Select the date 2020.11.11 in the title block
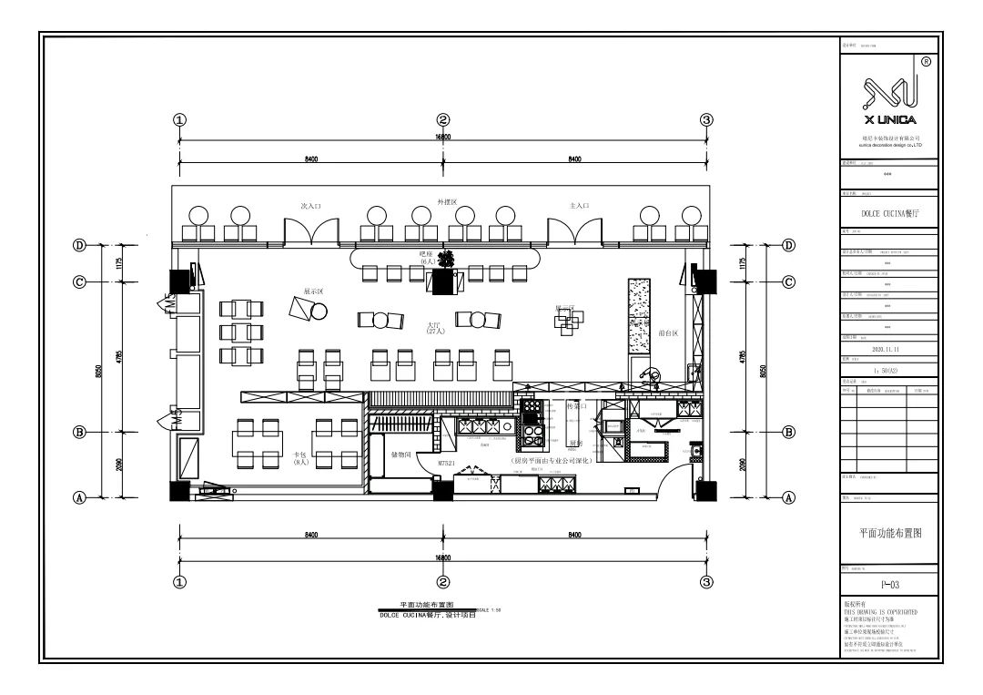(886, 349)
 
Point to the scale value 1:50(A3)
(886, 371)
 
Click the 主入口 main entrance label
(580, 207)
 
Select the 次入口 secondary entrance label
(311, 207)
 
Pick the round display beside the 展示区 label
(319, 312)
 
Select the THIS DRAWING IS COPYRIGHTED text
(880, 612)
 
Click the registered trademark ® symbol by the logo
(926, 62)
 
